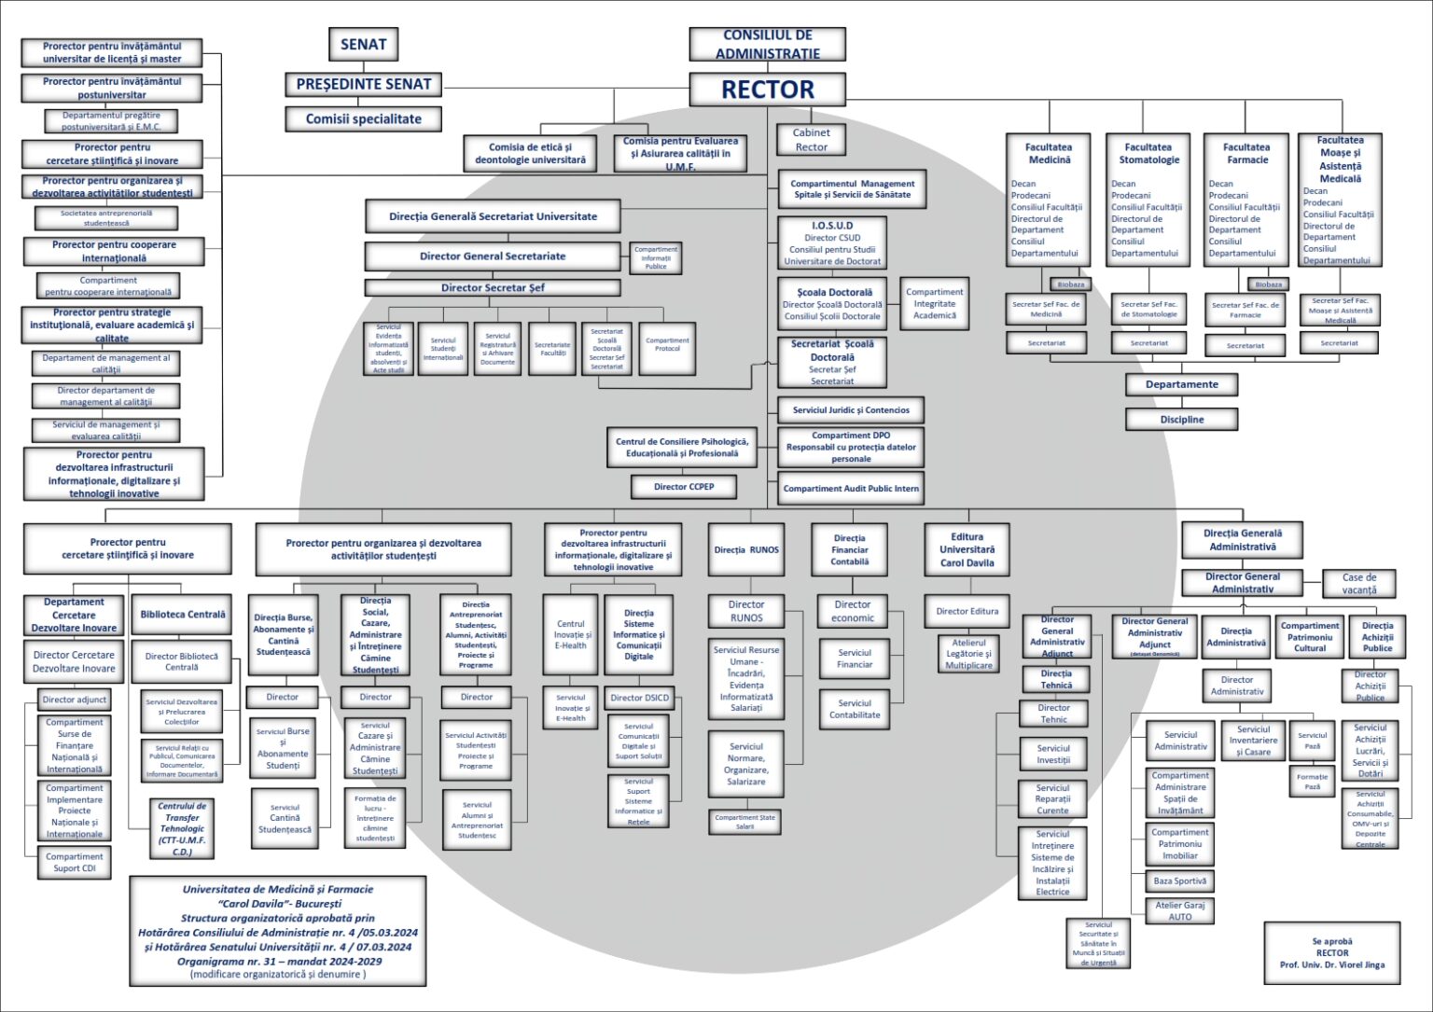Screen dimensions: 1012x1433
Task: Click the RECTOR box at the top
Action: (767, 90)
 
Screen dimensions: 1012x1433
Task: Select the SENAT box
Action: (363, 44)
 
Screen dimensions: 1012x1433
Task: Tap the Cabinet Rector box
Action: (811, 140)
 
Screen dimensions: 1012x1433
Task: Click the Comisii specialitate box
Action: (363, 119)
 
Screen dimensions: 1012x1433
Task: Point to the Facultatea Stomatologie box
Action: (1148, 201)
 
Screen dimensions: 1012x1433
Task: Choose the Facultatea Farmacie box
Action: (1245, 201)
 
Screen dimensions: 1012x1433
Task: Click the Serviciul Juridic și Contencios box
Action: (851, 409)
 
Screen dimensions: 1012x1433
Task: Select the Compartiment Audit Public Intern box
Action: (851, 488)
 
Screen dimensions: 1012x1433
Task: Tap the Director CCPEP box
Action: (684, 486)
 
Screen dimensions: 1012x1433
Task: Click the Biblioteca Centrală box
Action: (183, 615)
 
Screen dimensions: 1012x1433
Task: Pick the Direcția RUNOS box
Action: (746, 549)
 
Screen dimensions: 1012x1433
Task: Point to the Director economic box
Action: (853, 611)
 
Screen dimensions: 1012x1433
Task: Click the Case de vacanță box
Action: (1359, 583)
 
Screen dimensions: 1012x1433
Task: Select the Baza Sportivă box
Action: (1179, 880)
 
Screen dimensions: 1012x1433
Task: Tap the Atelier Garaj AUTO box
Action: (1179, 910)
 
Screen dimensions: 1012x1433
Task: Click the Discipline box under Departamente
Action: (1181, 420)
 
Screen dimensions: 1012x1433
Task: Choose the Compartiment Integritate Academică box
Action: (934, 303)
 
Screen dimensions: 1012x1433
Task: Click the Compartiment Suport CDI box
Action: (75, 863)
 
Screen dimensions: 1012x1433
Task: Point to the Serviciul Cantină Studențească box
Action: (285, 819)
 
